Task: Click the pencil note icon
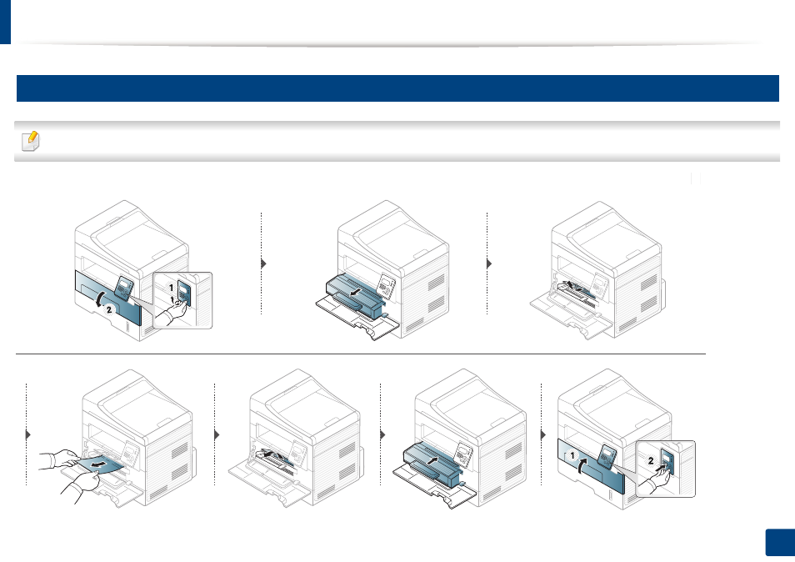31,141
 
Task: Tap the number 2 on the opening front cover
108,309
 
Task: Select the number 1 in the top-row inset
172,288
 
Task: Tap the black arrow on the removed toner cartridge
356,292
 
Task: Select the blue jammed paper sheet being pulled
102,464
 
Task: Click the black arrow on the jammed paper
99,464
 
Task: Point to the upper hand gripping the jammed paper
60,458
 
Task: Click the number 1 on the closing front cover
572,455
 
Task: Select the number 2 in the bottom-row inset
651,460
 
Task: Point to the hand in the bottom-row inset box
655,479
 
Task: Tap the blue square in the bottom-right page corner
780,543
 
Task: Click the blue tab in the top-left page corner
5,22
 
